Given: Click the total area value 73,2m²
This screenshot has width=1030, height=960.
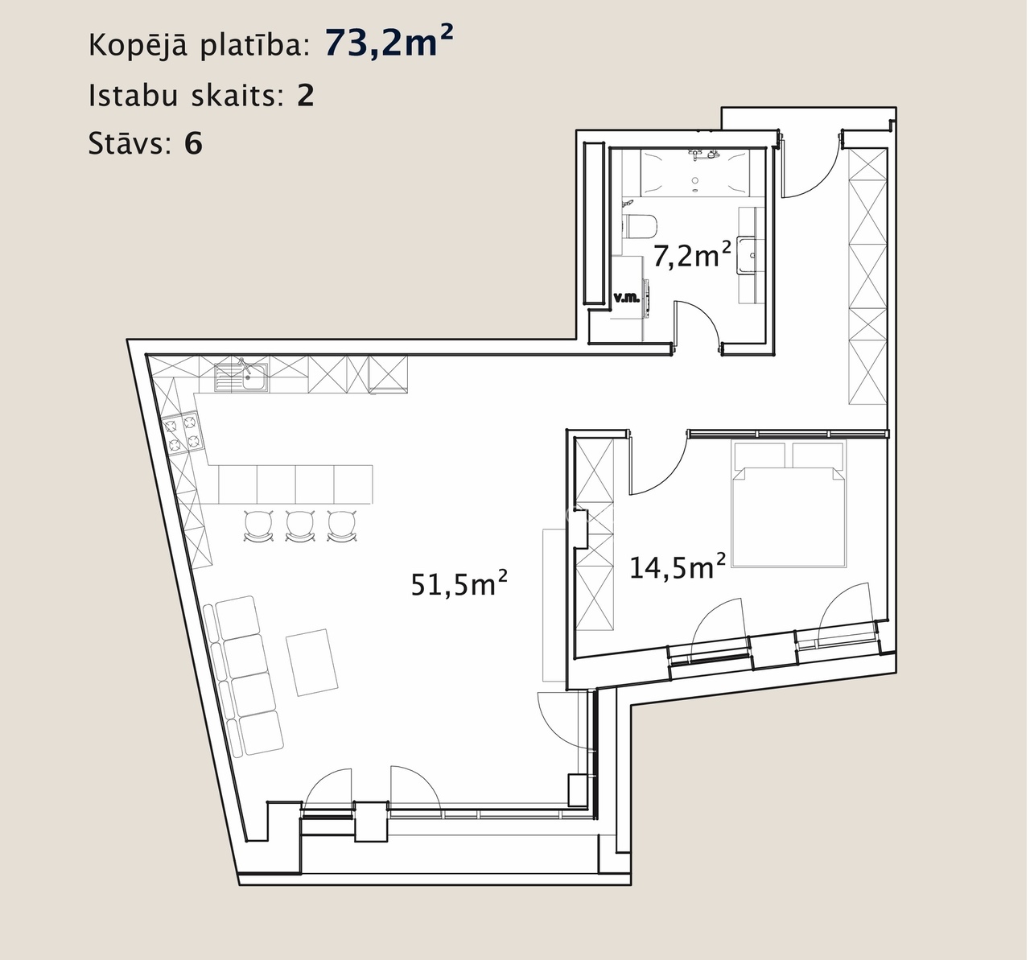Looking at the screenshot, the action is (x=389, y=42).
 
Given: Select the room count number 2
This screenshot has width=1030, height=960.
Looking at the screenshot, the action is (x=306, y=96).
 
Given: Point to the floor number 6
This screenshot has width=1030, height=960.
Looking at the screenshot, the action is (x=193, y=143).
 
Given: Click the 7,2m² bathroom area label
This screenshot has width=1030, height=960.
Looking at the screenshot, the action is (x=691, y=255).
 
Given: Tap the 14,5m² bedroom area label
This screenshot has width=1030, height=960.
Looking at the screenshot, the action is (x=678, y=566).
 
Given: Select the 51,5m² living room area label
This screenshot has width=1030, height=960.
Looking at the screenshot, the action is (x=459, y=583).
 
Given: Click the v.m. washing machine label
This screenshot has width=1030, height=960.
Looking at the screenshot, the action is (x=627, y=298).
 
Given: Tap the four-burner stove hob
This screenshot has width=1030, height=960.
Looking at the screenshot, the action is (x=181, y=433).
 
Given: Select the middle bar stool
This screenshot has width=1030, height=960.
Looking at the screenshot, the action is (x=300, y=526).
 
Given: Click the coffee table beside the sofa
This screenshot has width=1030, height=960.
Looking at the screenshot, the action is (x=312, y=662).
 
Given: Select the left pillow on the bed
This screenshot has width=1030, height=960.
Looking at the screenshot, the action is (x=760, y=455).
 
